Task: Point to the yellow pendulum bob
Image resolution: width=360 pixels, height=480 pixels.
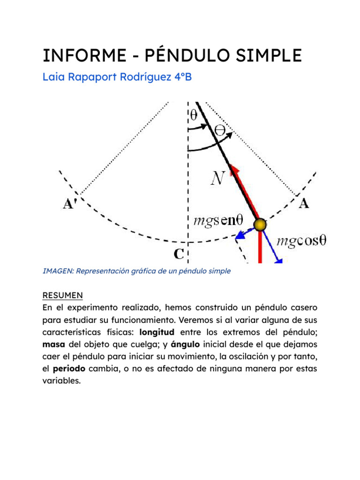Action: click(x=260, y=225)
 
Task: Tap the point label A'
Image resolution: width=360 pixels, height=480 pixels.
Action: click(x=71, y=205)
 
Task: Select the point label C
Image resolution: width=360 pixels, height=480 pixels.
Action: click(x=179, y=254)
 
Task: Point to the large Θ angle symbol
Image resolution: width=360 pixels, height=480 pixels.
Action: click(x=219, y=129)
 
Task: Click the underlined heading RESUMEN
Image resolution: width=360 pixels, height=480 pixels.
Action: click(x=62, y=295)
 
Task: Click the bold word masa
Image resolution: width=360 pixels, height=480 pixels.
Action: click(x=53, y=344)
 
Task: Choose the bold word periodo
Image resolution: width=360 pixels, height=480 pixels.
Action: click(x=69, y=368)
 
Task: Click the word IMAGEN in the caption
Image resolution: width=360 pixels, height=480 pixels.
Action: click(x=58, y=271)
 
